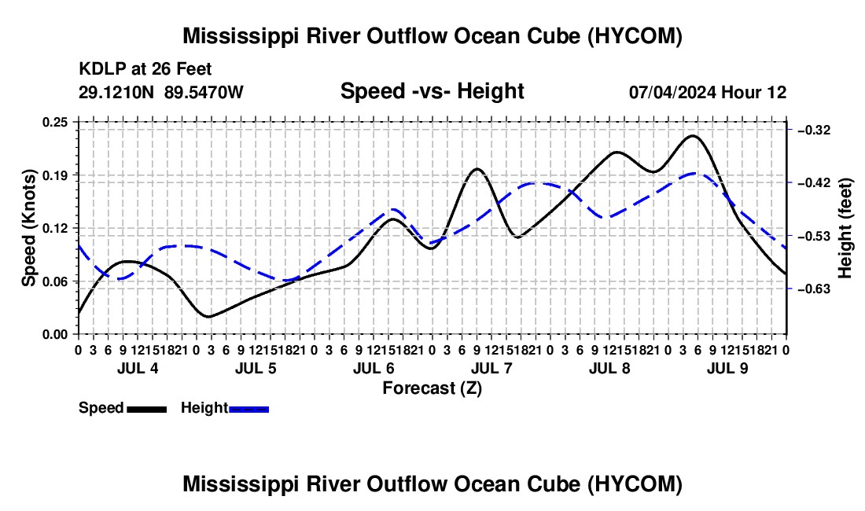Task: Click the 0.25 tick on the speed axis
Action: pyautogui.click(x=54, y=123)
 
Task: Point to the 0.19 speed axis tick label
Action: pyautogui.click(x=54, y=175)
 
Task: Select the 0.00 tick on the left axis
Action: pyautogui.click(x=54, y=334)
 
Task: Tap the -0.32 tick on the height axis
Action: pyautogui.click(x=813, y=130)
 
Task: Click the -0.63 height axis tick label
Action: pyautogui.click(x=813, y=289)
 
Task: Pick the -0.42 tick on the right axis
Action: pyautogui.click(x=813, y=182)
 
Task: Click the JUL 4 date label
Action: pyautogui.click(x=138, y=368)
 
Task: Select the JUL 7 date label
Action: pyautogui.click(x=491, y=368)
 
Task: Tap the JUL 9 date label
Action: pyautogui.click(x=727, y=368)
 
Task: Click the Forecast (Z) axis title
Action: pyautogui.click(x=432, y=388)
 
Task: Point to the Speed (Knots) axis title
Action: pyautogui.click(x=28, y=228)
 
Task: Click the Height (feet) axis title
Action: pyautogui.click(x=845, y=228)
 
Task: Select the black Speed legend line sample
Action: pyautogui.click(x=147, y=409)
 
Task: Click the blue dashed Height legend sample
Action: pyautogui.click(x=248, y=409)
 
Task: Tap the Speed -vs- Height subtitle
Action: pyautogui.click(x=432, y=91)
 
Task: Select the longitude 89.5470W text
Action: pyautogui.click(x=204, y=92)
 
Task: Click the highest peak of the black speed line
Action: pyautogui.click(x=693, y=135)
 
